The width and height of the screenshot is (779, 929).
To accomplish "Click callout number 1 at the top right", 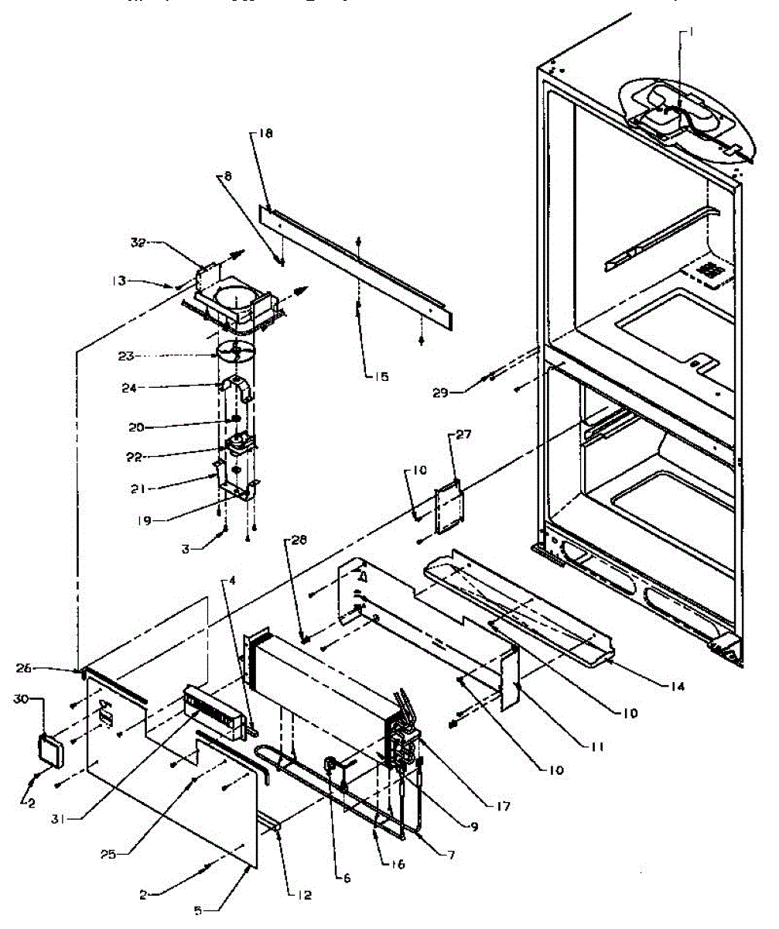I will (x=682, y=33).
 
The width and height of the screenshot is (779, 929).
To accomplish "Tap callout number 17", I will (x=504, y=807).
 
